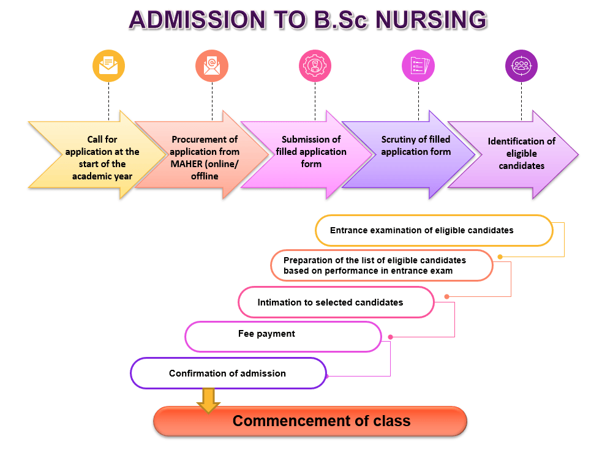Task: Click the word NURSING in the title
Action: (431, 20)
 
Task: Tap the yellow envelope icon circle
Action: (108, 66)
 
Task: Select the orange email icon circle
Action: (212, 66)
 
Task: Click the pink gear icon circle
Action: (315, 66)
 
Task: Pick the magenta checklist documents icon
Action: (418, 66)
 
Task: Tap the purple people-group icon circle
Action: (521, 66)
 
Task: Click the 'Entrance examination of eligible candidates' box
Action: (434, 231)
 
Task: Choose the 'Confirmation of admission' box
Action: (228, 373)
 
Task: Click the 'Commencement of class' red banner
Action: (310, 421)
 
